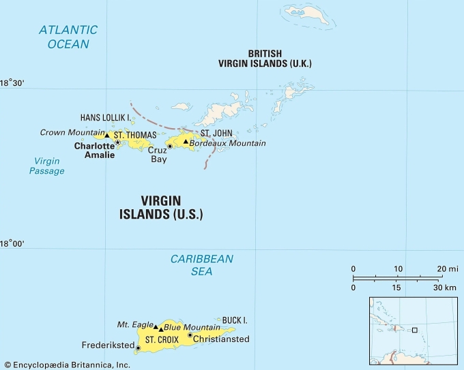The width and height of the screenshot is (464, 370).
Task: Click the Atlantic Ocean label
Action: coord(68,37)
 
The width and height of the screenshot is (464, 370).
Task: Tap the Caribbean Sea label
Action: coord(201,265)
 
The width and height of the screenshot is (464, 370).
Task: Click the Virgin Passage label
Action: coord(46,166)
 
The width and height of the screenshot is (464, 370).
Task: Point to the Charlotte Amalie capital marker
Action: coord(117,142)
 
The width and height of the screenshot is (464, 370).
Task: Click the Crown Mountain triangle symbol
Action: coord(106,135)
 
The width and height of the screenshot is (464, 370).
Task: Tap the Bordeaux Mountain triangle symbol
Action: coord(185,142)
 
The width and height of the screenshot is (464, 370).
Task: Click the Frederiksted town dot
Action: coord(139,348)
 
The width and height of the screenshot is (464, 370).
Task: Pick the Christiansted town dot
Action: coord(190,335)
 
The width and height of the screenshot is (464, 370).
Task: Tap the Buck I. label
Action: coord(235,320)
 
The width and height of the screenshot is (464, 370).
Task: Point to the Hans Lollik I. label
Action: coord(104,117)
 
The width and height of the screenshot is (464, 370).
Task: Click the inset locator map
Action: coord(413,330)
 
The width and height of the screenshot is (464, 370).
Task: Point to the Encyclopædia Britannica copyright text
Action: coord(66,365)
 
